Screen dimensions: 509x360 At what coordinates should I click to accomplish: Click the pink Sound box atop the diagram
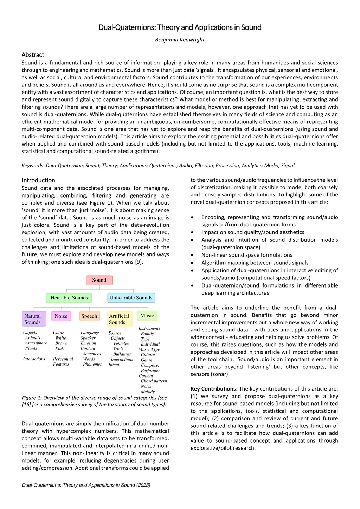point(99,280)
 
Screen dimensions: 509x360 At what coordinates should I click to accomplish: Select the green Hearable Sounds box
point(69,298)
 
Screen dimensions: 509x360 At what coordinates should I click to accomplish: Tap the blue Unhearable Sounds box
point(131,298)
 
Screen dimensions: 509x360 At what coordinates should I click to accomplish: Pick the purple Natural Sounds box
point(33,319)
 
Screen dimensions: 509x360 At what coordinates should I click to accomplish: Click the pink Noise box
point(61,316)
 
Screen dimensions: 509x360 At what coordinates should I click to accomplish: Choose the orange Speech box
point(89,316)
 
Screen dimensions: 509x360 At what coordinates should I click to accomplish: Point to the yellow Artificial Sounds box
point(119,319)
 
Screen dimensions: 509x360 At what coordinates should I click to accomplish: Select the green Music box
point(147,316)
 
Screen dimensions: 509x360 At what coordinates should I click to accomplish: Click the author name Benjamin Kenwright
point(180,40)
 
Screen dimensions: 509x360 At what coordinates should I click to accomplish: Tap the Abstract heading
point(33,55)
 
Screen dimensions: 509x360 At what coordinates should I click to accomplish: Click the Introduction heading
point(38,180)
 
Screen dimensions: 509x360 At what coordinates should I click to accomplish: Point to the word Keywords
point(33,166)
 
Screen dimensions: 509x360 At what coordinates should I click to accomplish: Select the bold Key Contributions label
point(213,389)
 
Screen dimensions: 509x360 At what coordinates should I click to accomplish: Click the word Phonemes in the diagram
point(92,364)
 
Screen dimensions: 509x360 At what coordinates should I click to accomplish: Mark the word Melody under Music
point(148,392)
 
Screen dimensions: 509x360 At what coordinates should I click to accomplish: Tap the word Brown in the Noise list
point(61,343)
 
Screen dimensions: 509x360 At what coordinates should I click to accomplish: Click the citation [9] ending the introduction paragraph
point(139,262)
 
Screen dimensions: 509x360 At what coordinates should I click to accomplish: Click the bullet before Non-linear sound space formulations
point(192,255)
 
